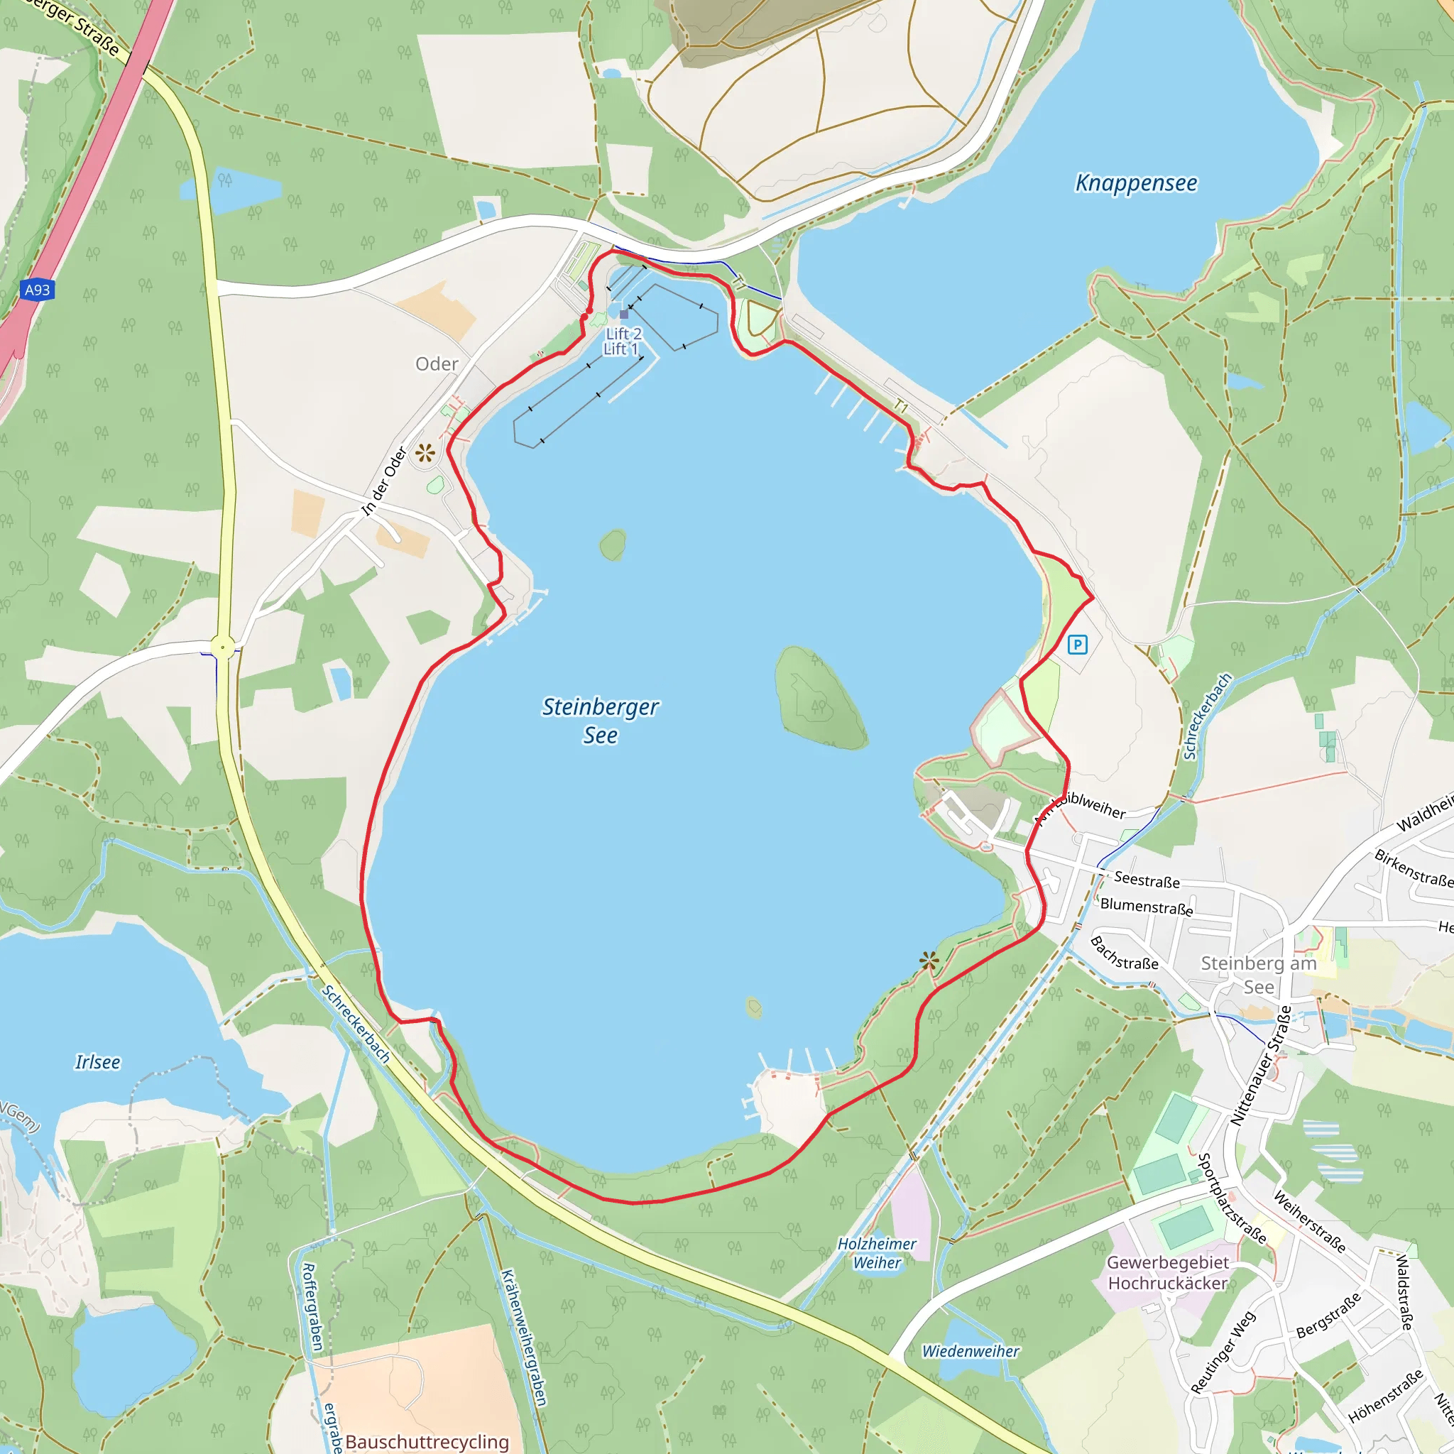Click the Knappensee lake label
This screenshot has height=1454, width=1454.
pos(1136,183)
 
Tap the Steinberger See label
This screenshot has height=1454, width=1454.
pos(600,720)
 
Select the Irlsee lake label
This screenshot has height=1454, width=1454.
pos(97,1062)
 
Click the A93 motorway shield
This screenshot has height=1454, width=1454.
pos(37,290)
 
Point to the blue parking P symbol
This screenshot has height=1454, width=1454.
pos(1077,644)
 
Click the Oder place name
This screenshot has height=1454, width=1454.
pos(437,364)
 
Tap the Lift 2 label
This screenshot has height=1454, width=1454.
pos(624,334)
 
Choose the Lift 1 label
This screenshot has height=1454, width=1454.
pos(620,349)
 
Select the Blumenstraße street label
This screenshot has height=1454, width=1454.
pos(1146,906)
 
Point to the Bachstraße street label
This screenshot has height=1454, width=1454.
pos(1124,953)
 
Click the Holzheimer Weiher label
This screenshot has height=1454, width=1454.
pos(877,1253)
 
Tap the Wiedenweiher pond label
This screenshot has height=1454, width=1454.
pos(970,1351)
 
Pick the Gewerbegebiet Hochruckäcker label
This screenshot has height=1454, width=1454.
pos(1167,1273)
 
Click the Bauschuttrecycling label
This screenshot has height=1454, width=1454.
pos(427,1441)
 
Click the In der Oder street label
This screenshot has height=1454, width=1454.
pos(384,481)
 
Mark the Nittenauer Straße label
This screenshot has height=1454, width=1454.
pos(1261,1066)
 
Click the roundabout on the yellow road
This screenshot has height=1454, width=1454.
pos(222,647)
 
